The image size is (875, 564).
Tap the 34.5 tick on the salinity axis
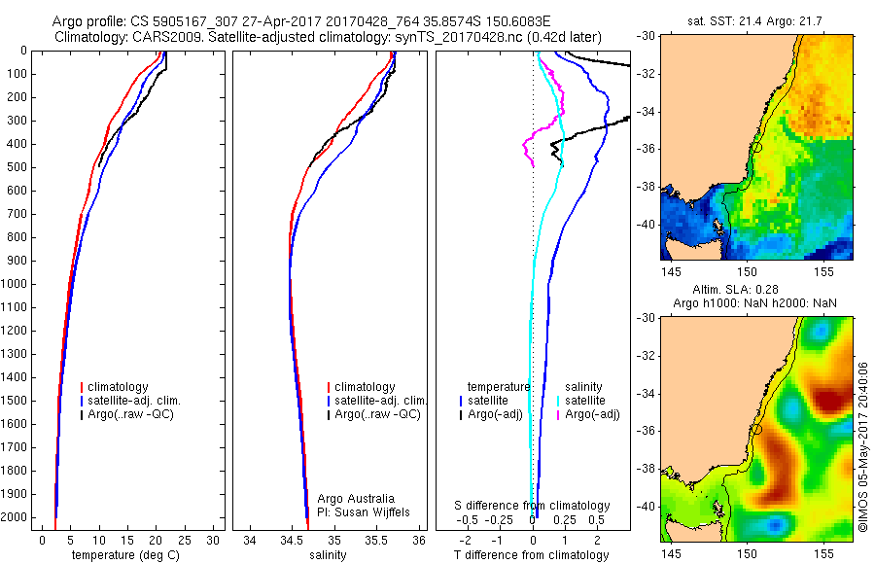(292, 540)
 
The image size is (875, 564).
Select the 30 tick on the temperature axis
(214, 540)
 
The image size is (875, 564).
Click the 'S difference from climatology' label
(533, 506)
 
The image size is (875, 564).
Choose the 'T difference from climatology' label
(533, 555)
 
